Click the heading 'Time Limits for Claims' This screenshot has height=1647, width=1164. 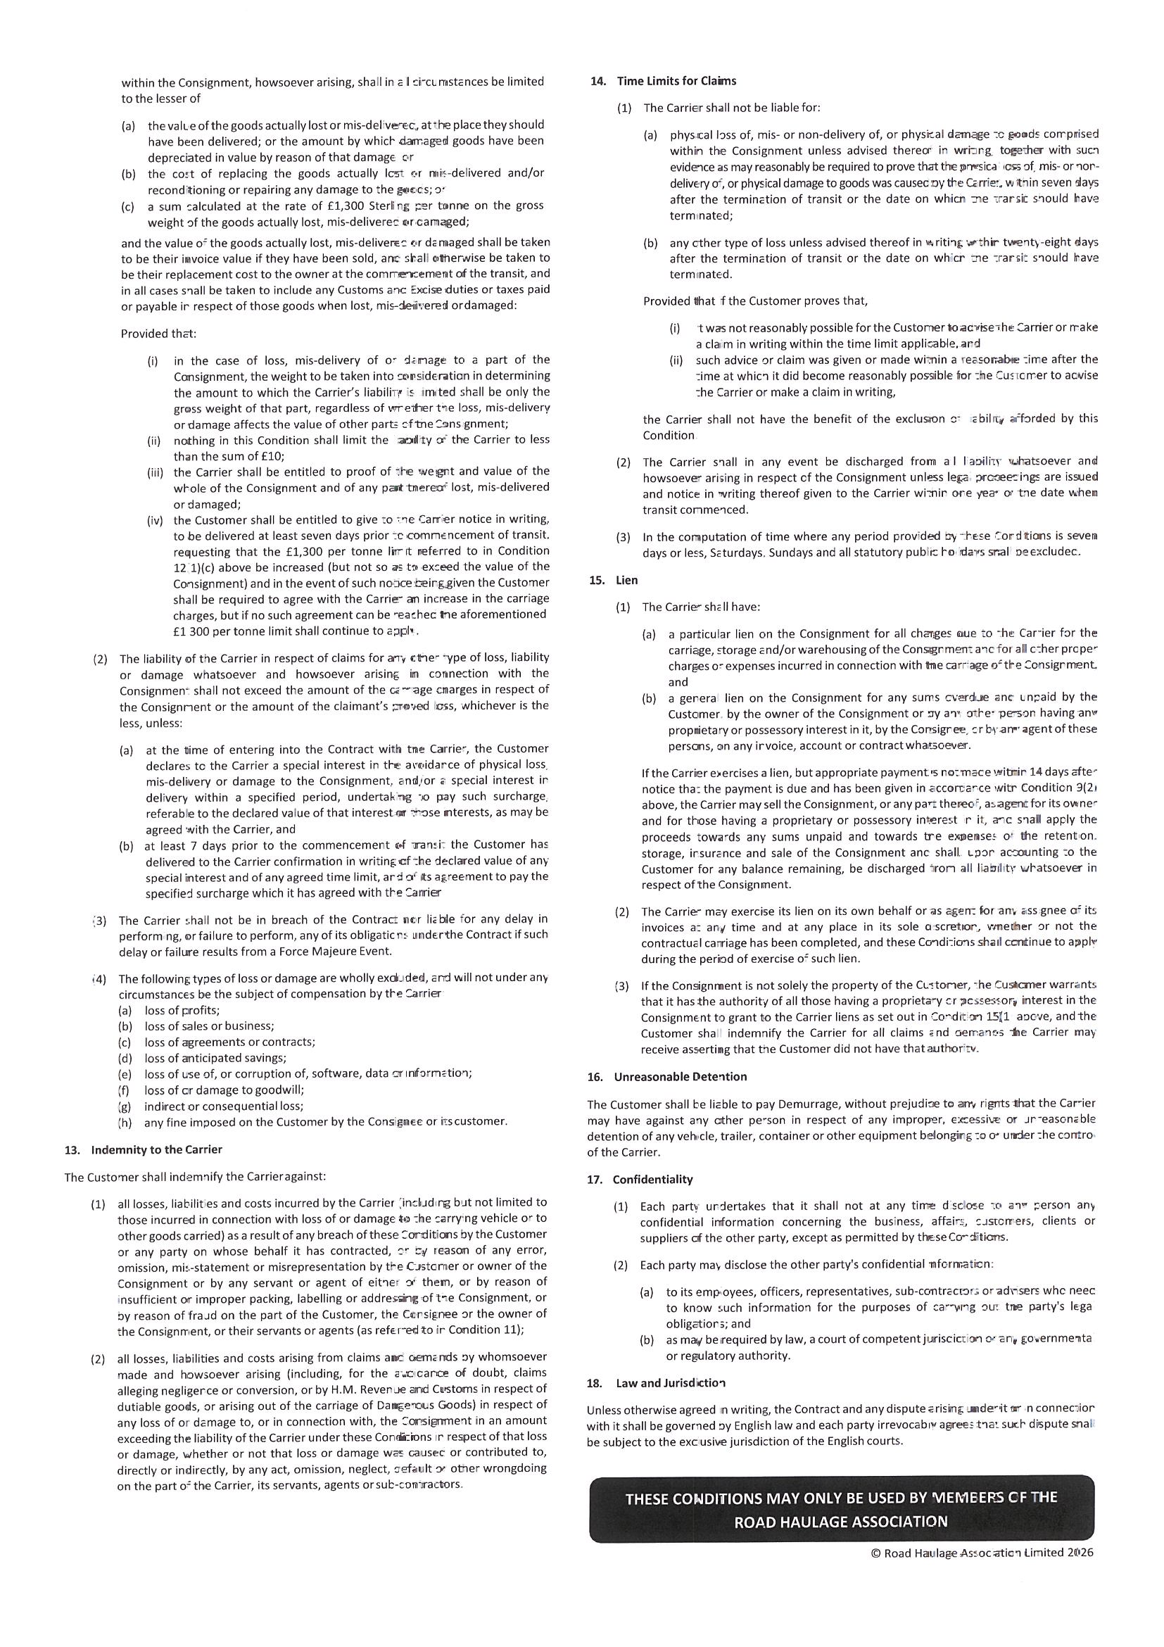pyautogui.click(x=676, y=81)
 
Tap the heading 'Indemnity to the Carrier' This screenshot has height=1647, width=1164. pyautogui.click(x=156, y=1149)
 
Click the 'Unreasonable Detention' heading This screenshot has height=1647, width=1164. pyautogui.click(x=680, y=1076)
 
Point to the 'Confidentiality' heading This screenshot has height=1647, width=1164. pyautogui.click(x=652, y=1180)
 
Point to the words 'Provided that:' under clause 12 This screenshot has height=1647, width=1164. pyautogui.click(x=158, y=334)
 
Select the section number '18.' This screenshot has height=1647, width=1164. pyautogui.click(x=595, y=1382)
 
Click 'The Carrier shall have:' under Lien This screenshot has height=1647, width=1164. pyautogui.click(x=701, y=607)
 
